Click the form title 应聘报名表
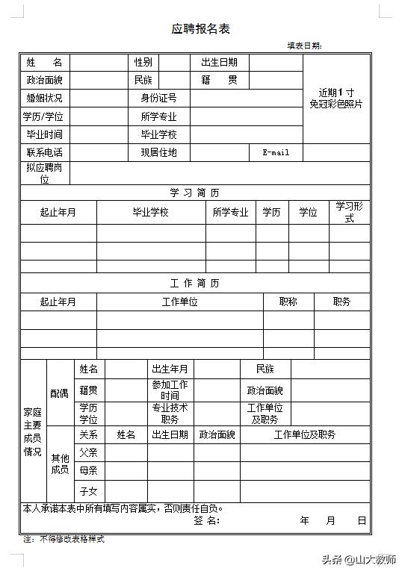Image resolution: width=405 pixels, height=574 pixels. pos(201,29)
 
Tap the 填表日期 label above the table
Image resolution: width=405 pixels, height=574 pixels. pos(304,46)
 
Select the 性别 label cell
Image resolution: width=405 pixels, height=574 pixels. pos(143,62)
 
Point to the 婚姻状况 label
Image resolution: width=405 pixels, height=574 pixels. pos(45,98)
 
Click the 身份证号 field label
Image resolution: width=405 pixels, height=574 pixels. pos(158,98)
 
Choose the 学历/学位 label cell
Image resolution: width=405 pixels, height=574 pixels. pos(43,116)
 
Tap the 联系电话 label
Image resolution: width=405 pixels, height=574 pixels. pos(45,152)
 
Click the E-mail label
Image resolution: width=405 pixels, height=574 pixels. pos(276,152)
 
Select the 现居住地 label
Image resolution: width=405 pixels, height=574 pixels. pos(158,152)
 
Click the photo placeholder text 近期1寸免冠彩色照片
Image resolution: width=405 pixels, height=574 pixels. pos(336,99)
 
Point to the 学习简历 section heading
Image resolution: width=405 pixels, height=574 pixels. pos(194,193)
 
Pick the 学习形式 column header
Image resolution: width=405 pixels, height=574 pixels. pos(349,212)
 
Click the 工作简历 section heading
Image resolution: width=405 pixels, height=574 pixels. pos(194,284)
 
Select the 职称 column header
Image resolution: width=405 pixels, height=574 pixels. pos(288,302)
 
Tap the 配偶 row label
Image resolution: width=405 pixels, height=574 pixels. pos(59,393)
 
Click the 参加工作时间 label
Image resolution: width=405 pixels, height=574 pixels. pos(170,390)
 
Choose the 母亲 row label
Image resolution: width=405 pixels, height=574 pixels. pos(88,471)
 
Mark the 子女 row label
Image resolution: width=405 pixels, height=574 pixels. pos(88,490)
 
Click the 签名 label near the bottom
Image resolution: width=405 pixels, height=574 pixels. pos(205,520)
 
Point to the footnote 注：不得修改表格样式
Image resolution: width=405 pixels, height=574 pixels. pos(64,538)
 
